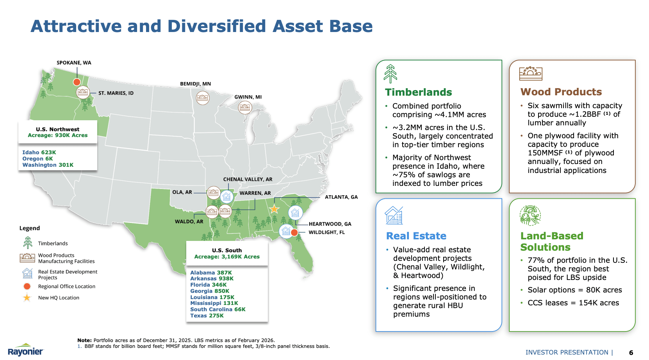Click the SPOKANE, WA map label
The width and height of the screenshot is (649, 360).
click(74, 62)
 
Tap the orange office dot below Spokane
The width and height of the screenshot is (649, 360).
click(77, 82)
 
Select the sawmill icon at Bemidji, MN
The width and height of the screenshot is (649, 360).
click(203, 98)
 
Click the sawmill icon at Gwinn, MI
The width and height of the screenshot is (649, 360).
click(245, 107)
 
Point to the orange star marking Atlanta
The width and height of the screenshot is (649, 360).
click(274, 209)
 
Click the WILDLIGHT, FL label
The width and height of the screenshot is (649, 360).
click(326, 232)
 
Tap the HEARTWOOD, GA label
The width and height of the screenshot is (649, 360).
click(330, 224)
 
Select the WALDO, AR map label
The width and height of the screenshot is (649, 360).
click(189, 221)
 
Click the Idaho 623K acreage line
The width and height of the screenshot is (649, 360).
click(39, 152)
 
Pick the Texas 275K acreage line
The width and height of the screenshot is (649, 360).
click(207, 316)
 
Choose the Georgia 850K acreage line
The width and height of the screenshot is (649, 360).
click(210, 291)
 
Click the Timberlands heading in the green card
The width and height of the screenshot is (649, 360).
click(418, 92)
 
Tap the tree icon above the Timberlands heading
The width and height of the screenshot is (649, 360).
click(390, 73)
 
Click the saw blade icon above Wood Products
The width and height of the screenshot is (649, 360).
click(531, 73)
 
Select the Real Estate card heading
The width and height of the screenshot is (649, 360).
click(416, 236)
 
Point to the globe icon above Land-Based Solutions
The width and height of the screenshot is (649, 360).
click(530, 216)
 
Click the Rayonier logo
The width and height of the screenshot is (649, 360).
click(26, 350)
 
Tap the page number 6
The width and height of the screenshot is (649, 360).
click(631, 353)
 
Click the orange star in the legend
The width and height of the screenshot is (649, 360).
click(27, 298)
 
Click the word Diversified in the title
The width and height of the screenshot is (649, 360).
click(216, 26)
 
